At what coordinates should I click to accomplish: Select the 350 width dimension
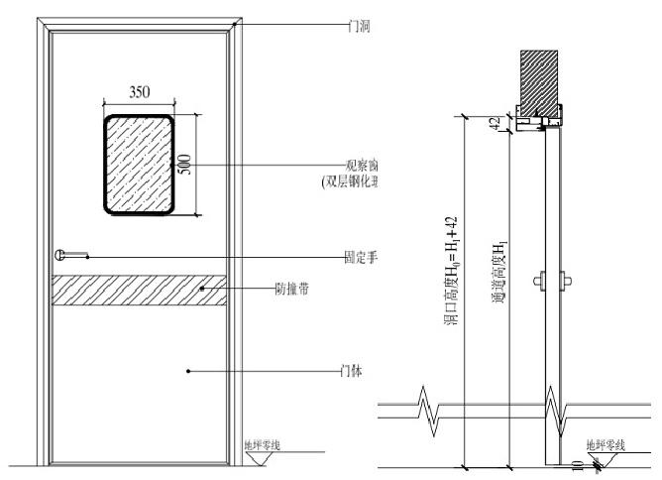click(140, 91)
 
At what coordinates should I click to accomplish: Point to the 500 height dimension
click(185, 165)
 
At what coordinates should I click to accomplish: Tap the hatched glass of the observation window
click(140, 164)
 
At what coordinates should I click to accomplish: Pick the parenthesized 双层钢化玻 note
click(352, 182)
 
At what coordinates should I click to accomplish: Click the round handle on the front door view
click(62, 255)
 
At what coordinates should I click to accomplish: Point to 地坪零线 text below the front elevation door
click(262, 444)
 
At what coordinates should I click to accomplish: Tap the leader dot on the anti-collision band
click(201, 290)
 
